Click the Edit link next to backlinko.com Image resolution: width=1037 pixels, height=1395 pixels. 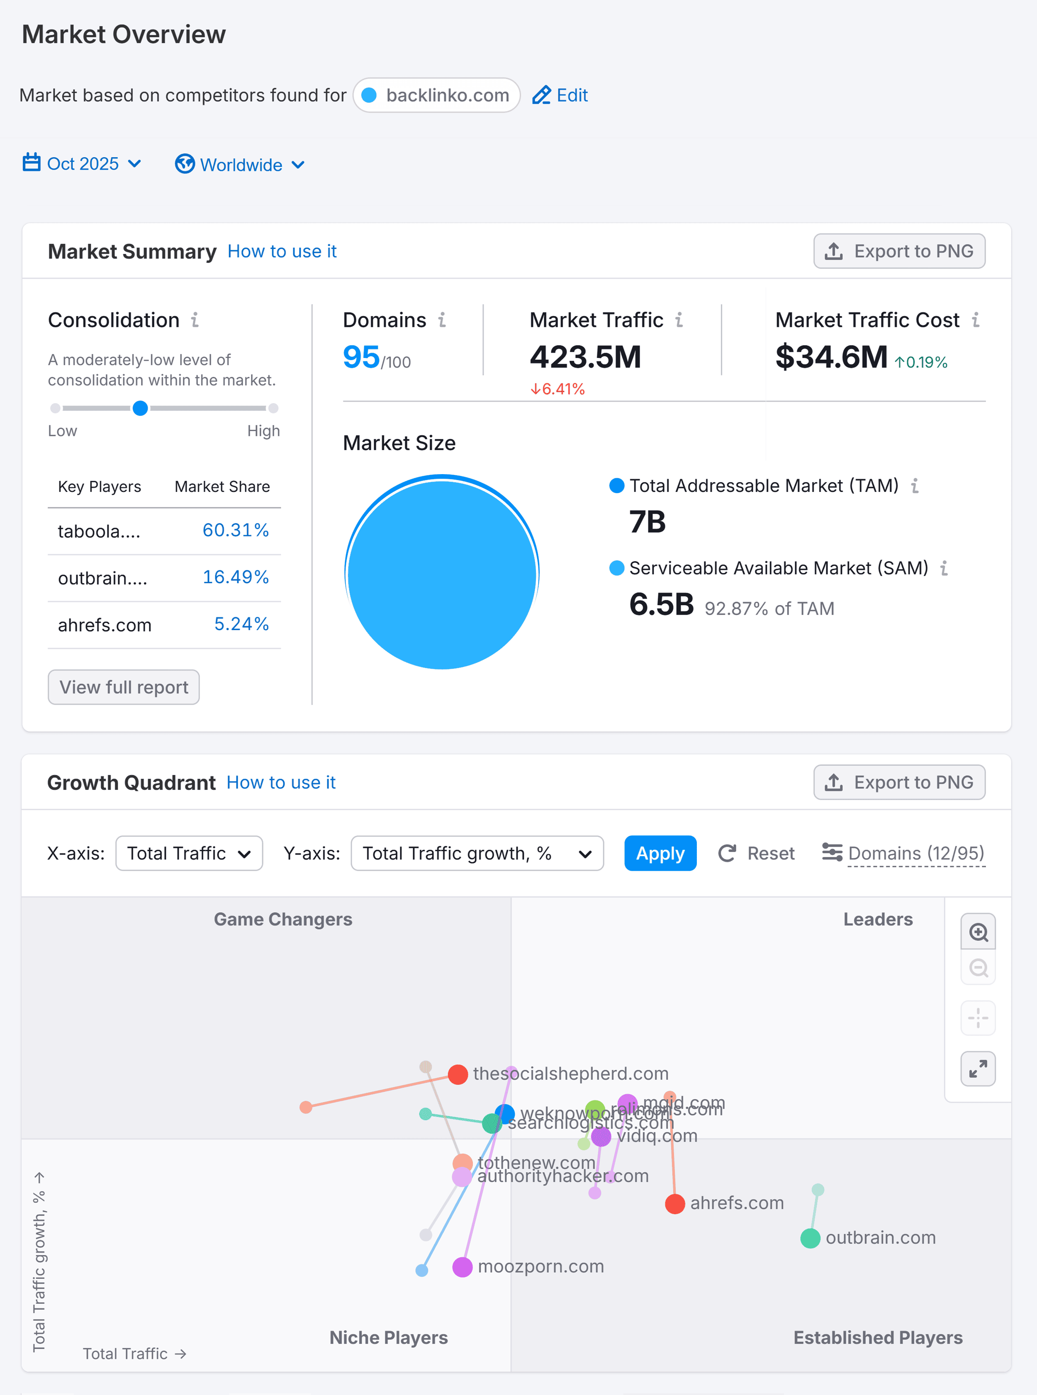[x=560, y=95]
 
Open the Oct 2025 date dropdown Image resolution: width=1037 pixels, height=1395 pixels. [x=82, y=164]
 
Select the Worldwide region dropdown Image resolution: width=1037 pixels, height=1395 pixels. [x=241, y=165]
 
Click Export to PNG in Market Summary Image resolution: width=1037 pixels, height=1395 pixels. [x=899, y=251]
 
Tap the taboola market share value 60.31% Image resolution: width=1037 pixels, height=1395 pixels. [x=235, y=531]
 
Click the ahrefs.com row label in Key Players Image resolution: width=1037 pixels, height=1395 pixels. [x=105, y=625]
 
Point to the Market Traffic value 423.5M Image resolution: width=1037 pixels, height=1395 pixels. [x=585, y=357]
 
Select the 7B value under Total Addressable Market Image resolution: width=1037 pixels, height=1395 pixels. [x=647, y=522]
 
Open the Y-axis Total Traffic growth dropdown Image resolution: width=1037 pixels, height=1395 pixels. [x=477, y=853]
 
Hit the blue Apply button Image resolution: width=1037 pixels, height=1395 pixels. [x=660, y=853]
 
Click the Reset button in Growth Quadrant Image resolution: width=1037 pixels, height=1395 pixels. [x=757, y=853]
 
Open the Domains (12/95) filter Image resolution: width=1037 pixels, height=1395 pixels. [x=904, y=853]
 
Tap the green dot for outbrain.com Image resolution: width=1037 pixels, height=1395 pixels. [x=811, y=1239]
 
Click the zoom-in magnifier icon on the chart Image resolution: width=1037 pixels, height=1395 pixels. [x=978, y=932]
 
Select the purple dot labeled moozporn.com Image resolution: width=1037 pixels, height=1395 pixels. [x=463, y=1267]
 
